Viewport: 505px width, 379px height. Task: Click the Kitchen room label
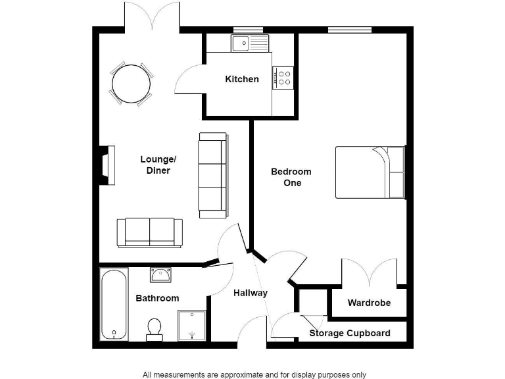coord(242,80)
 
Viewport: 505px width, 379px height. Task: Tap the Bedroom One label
coord(291,177)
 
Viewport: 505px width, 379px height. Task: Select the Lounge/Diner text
coord(158,164)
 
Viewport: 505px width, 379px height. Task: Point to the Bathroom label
coord(157,298)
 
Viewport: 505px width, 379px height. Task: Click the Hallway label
coord(251,293)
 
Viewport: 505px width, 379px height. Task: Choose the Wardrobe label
coord(369,303)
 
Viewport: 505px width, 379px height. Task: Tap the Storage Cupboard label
coord(350,333)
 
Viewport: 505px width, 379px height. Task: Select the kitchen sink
coord(250,44)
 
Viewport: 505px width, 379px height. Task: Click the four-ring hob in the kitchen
coord(283,78)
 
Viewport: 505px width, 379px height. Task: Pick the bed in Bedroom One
coord(370,172)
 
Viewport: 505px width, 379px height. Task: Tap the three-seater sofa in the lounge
coord(213,175)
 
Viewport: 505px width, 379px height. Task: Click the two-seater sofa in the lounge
coord(150,232)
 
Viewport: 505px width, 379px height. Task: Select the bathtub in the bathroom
coord(114,304)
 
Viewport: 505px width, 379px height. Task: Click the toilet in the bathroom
coord(155,328)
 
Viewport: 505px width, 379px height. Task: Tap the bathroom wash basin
coord(160,274)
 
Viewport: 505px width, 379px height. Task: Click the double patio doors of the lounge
coord(152,17)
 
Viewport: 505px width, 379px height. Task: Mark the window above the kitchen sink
coord(249,30)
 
